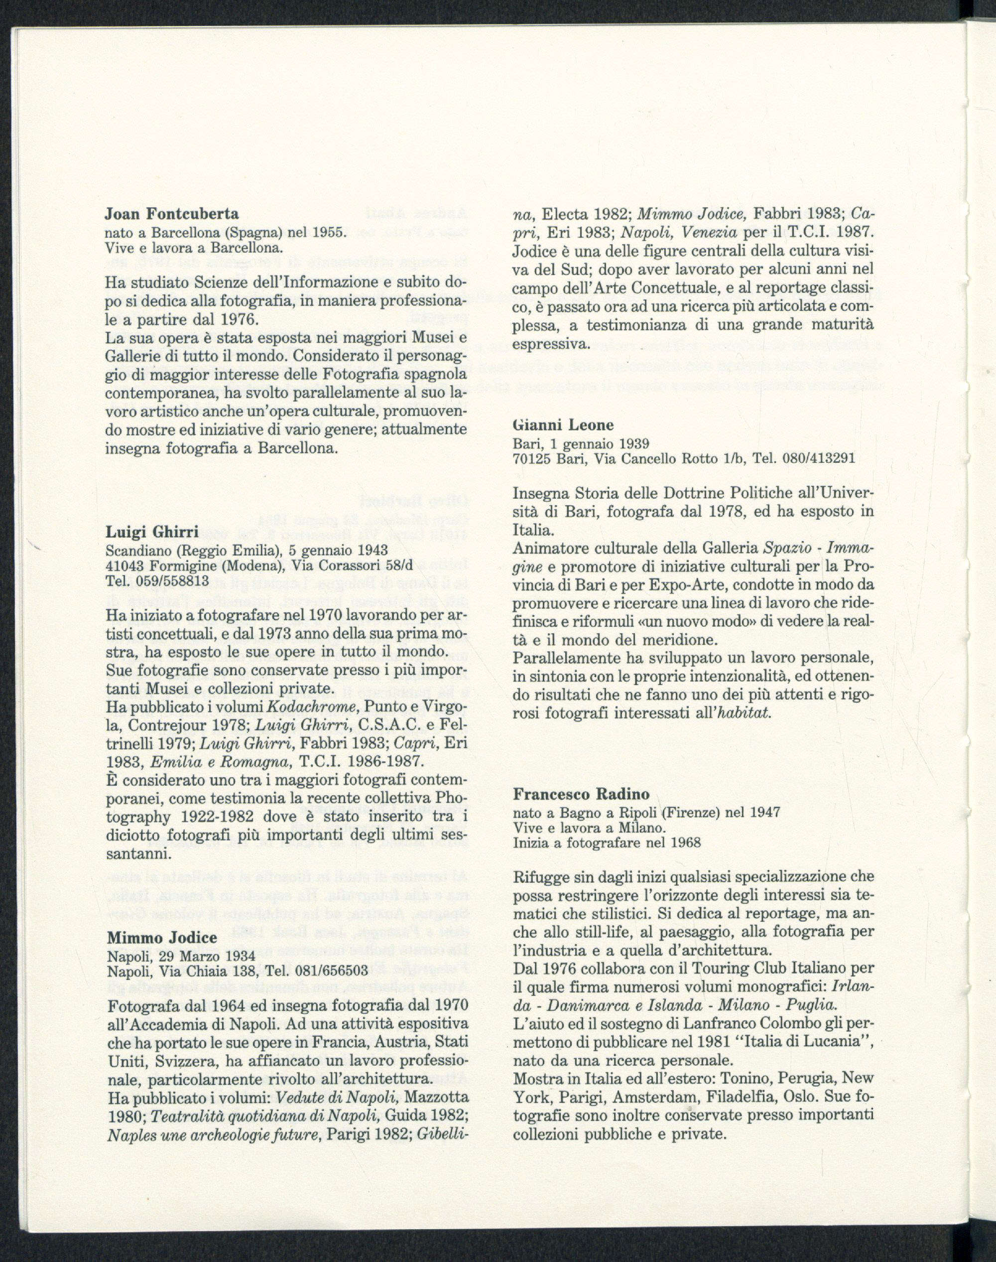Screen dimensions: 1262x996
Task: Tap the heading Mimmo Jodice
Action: [162, 938]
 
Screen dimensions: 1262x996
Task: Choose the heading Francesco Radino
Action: [581, 794]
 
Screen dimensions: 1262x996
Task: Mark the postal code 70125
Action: [531, 458]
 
